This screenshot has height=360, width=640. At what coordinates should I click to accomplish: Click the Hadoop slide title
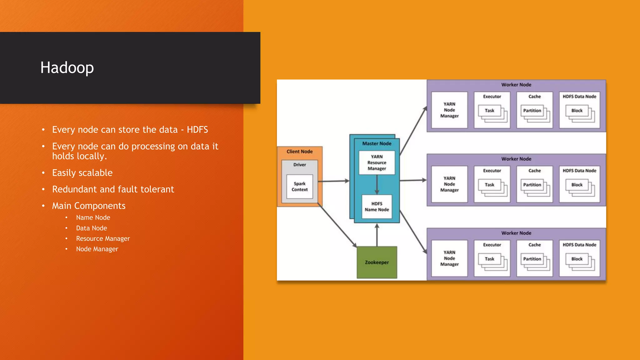click(x=67, y=68)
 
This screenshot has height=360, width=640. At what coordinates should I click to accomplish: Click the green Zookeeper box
click(x=377, y=262)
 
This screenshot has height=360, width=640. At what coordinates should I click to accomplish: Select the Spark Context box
click(x=299, y=187)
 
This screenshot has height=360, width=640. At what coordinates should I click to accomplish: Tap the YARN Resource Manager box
click(x=377, y=162)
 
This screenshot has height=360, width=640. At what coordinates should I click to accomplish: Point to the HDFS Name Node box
click(x=377, y=207)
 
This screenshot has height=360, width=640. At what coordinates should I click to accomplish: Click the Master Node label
click(x=377, y=143)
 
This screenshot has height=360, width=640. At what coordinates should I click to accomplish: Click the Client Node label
click(x=299, y=152)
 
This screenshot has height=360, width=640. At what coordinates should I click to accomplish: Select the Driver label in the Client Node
click(x=299, y=165)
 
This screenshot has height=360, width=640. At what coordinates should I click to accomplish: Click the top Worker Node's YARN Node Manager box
click(x=449, y=110)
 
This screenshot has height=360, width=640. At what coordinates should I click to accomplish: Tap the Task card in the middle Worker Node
click(x=489, y=185)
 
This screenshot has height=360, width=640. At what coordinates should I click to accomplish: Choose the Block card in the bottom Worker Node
click(x=577, y=259)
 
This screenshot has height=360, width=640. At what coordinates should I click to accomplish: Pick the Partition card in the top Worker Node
click(x=532, y=111)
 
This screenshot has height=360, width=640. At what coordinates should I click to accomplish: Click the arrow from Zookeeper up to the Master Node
click(x=377, y=235)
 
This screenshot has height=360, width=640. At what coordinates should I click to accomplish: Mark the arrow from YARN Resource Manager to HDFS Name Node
click(x=377, y=184)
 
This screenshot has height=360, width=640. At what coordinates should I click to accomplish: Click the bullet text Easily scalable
click(x=82, y=173)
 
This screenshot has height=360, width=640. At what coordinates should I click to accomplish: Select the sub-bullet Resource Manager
click(x=103, y=239)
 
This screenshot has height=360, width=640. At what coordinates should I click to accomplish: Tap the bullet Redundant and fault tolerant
click(x=113, y=189)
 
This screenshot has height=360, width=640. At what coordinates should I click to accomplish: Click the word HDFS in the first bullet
click(x=197, y=130)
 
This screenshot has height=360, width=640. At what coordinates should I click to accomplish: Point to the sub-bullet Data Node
click(x=92, y=228)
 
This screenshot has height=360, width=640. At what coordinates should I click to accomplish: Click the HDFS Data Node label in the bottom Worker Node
click(x=579, y=245)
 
